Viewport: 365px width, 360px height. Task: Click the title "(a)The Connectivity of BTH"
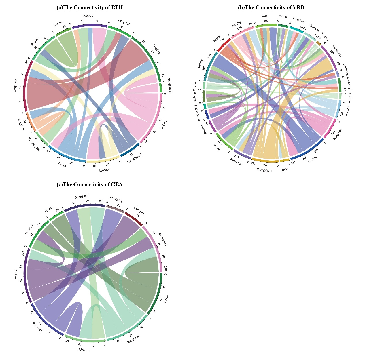click(x=90, y=7)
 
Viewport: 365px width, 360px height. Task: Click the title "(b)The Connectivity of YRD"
click(x=271, y=7)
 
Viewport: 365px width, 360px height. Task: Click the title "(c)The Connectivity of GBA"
click(x=90, y=184)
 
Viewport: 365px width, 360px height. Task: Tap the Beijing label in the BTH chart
click(x=164, y=125)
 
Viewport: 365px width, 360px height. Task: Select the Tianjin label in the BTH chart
click(x=62, y=165)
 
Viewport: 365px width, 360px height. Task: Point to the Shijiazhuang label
click(x=135, y=159)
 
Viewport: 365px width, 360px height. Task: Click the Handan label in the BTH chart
click(x=58, y=23)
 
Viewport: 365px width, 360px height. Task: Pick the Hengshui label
click(x=124, y=22)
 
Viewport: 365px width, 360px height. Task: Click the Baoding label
click(x=104, y=170)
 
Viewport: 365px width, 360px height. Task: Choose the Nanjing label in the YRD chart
click(x=237, y=24)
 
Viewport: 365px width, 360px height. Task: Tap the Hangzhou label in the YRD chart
click(x=338, y=134)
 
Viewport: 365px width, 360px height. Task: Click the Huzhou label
click(x=312, y=159)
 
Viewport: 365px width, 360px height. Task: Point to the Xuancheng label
click(x=336, y=50)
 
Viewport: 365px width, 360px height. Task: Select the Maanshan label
click(x=236, y=162)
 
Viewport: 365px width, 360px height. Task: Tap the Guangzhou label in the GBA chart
click(x=133, y=339)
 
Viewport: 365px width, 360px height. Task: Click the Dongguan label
click(x=82, y=197)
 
